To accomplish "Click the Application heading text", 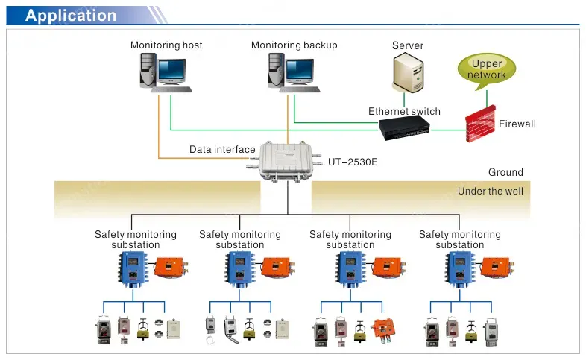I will (71, 16).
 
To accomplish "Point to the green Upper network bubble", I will (487, 69).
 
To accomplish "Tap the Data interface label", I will (222, 150).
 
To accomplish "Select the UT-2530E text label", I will (353, 161).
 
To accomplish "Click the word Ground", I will (505, 172).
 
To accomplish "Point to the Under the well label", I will (491, 192).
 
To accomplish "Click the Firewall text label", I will (517, 124).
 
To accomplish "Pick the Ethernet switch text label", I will (404, 112).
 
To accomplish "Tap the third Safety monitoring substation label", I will (350, 239).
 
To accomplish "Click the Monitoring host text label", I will (166, 45).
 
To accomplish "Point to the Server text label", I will (408, 46).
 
